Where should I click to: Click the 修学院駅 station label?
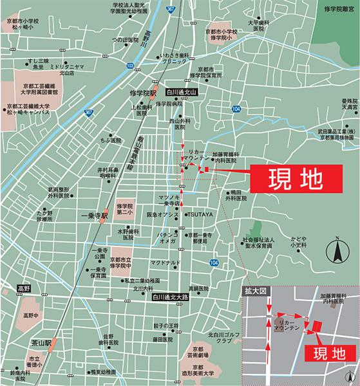pos(140,93)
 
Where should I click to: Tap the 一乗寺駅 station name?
pos(93,217)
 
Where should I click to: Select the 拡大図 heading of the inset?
pos(255,291)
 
